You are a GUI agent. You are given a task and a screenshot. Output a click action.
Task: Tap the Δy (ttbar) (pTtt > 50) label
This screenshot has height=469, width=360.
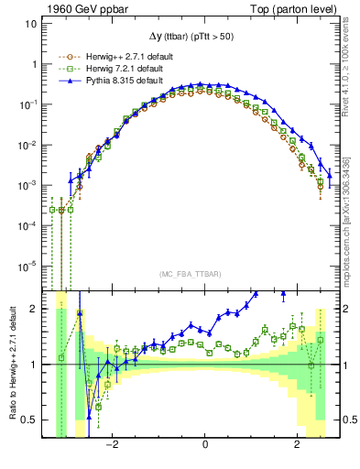(192, 37)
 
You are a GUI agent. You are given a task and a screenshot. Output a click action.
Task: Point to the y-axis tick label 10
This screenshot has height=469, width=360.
(30, 24)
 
